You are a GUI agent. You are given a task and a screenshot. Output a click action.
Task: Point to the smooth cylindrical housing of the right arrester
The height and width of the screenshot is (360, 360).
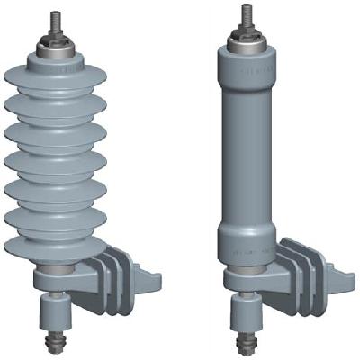246,144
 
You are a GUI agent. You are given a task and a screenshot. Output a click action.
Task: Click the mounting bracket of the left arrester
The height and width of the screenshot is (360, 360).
108,279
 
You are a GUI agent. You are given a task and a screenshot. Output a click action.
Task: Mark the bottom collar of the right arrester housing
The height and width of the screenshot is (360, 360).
246,247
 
